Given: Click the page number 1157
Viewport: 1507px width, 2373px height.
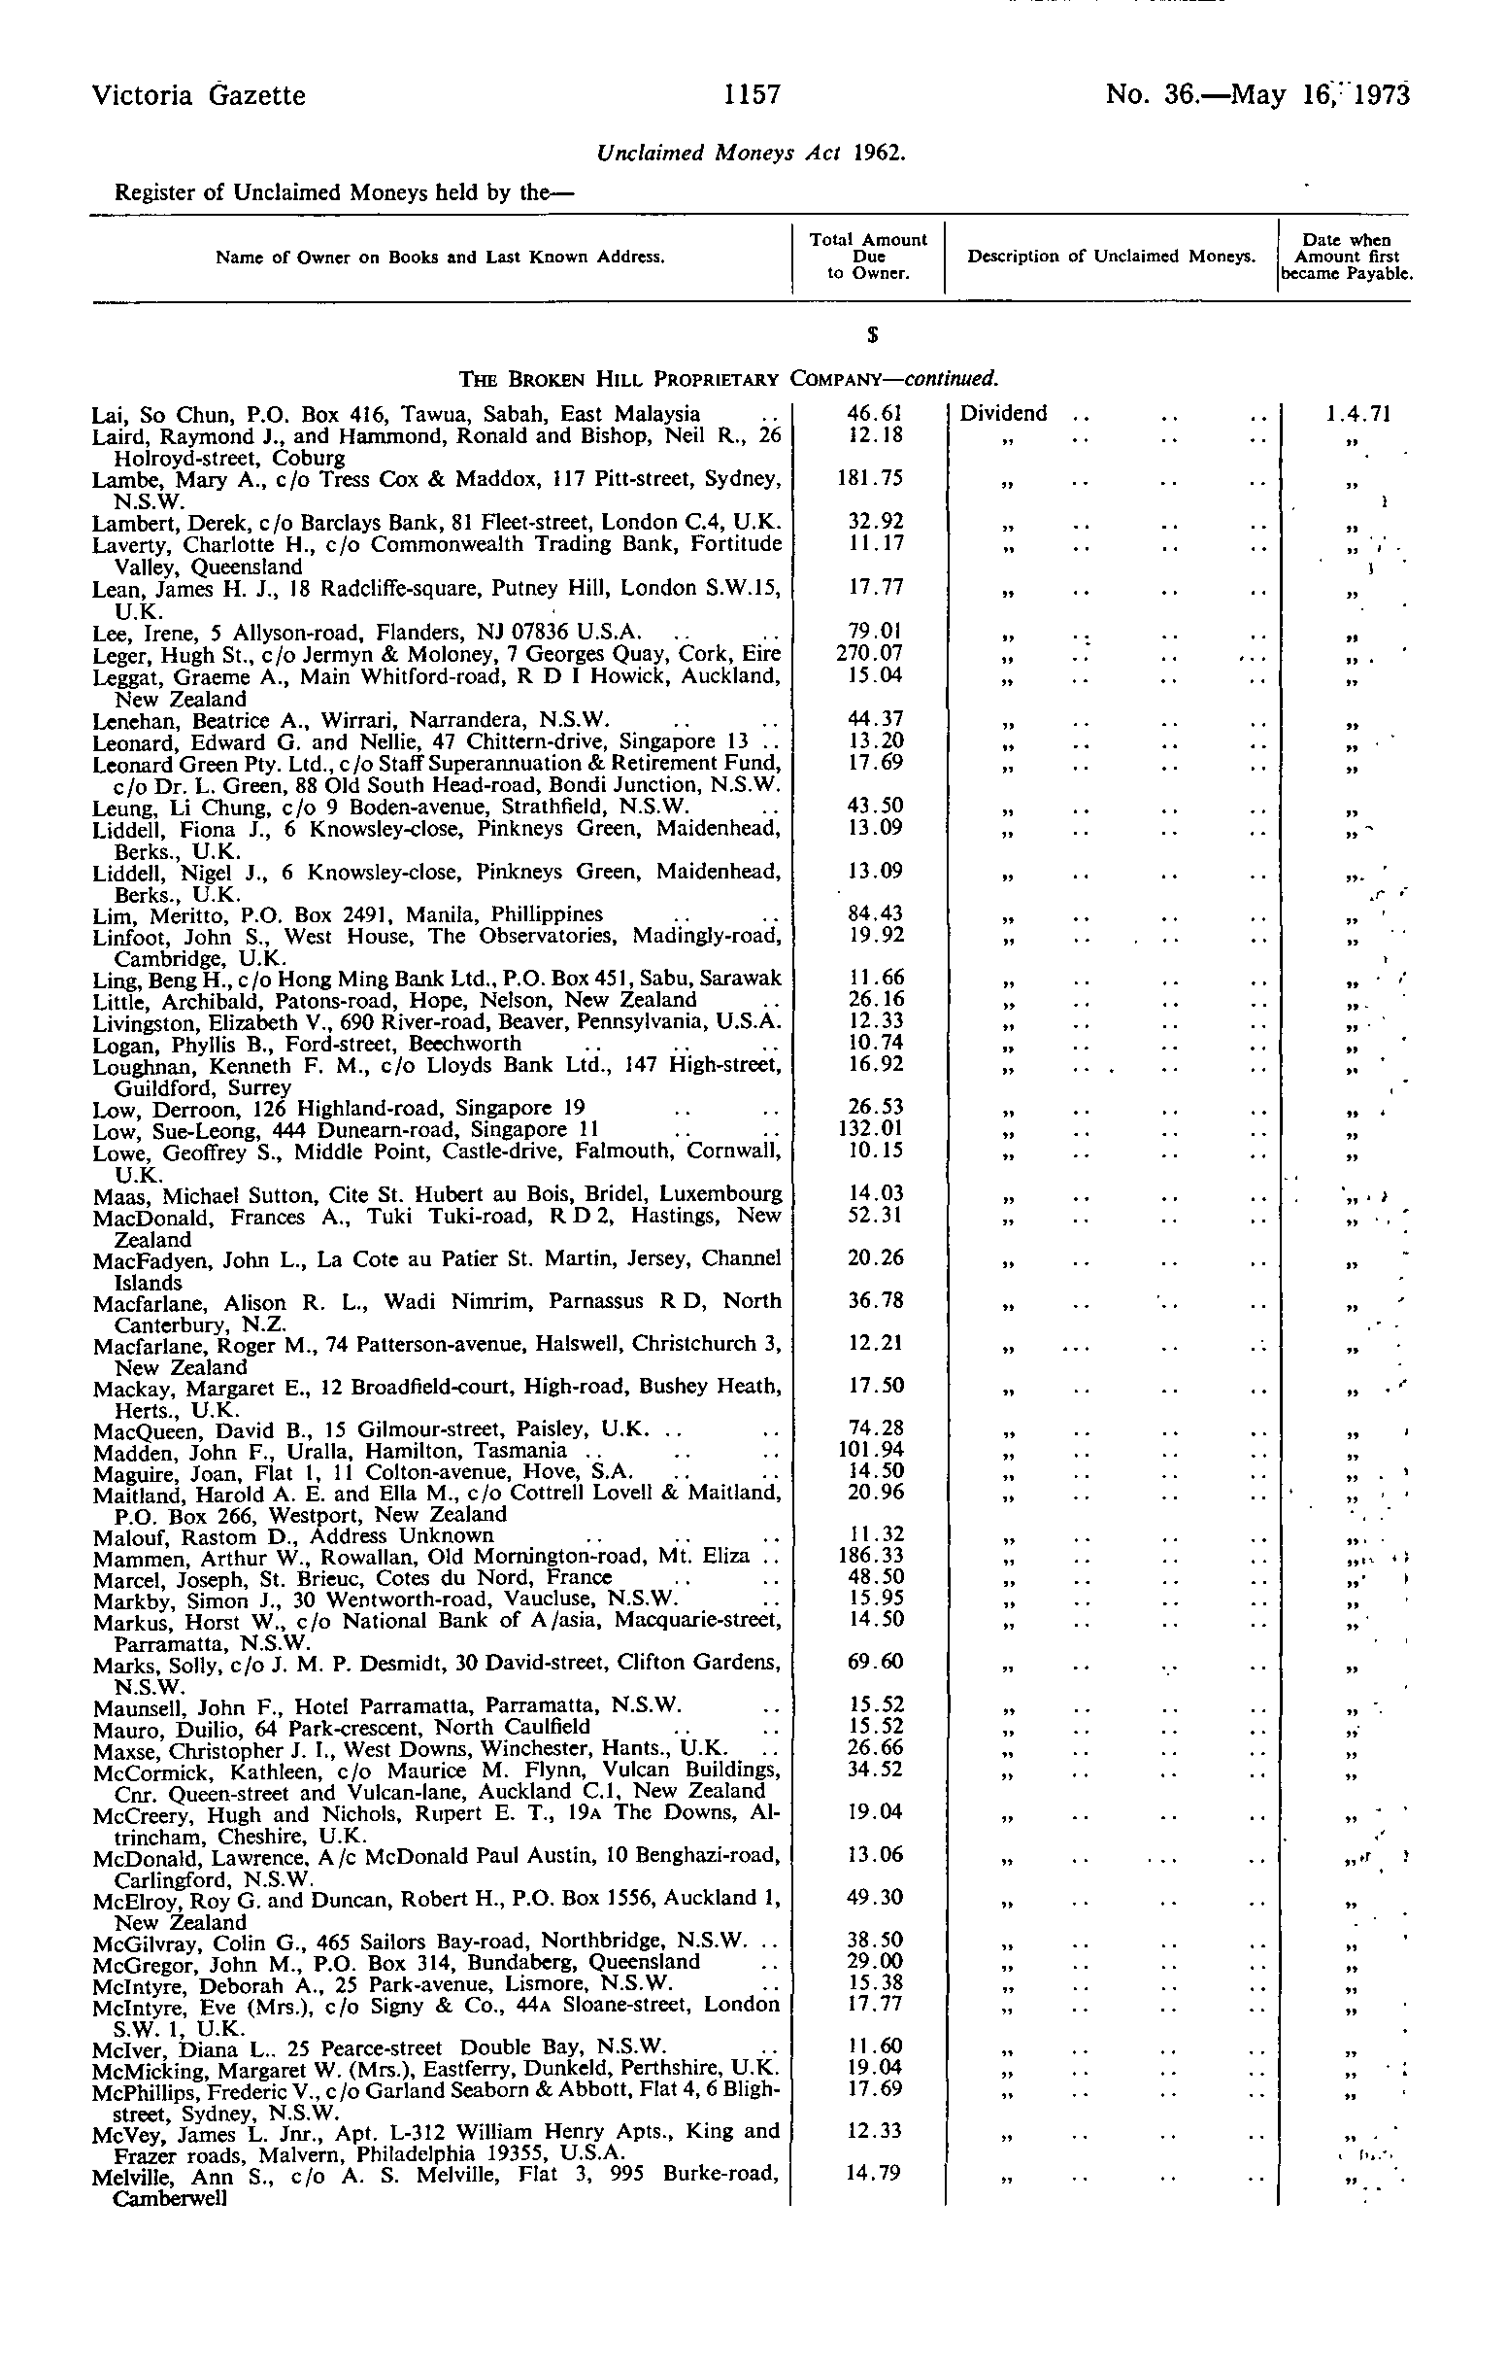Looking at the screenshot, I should point(753,94).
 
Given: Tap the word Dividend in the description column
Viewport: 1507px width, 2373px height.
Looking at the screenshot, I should point(1003,414).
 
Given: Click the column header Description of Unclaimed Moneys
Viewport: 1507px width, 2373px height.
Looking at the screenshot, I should point(1111,258).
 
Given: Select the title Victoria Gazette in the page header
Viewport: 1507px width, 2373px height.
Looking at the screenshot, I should point(198,95).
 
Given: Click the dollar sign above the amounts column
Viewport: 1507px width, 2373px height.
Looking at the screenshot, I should point(873,336).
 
